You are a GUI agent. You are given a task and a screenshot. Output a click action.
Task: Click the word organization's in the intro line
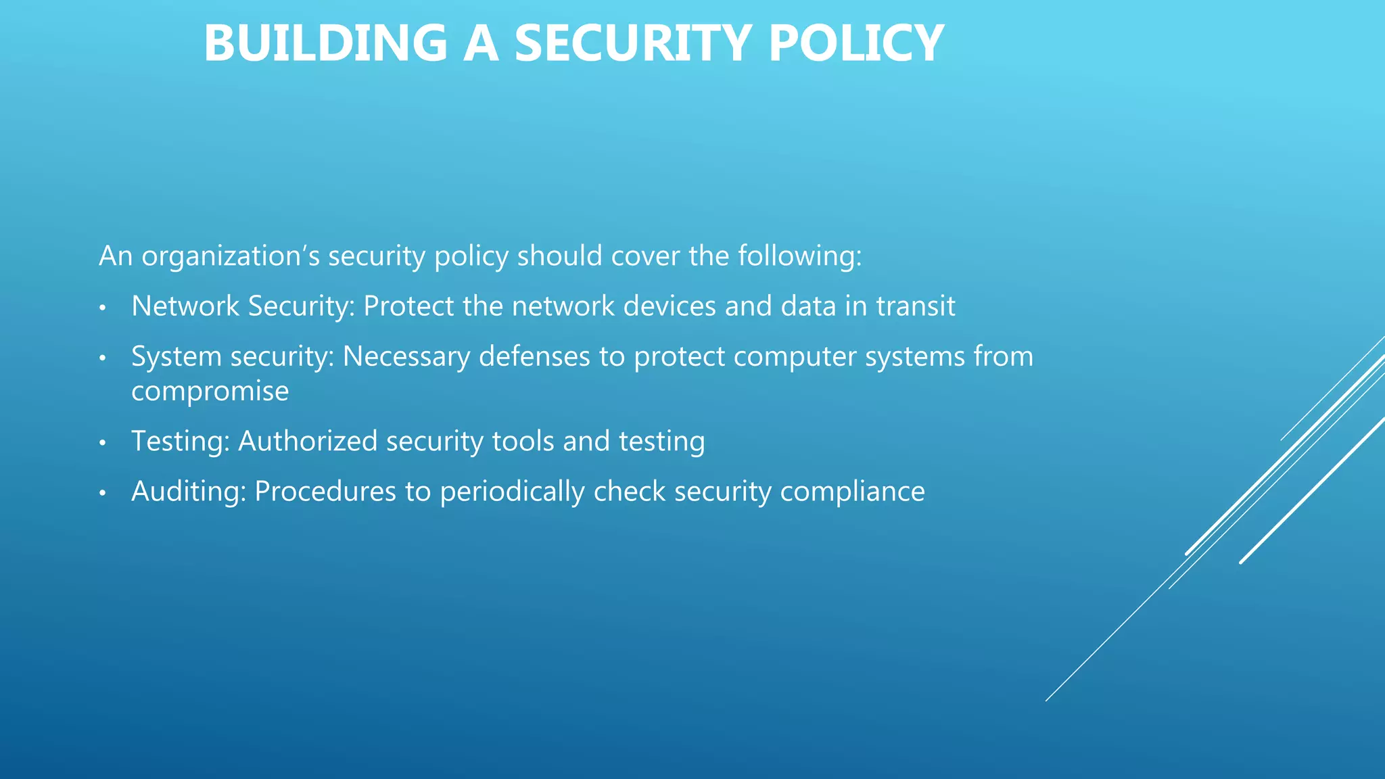(230, 256)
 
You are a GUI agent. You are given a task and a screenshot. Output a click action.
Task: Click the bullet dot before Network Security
(103, 308)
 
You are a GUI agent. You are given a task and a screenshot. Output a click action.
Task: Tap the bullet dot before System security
(103, 358)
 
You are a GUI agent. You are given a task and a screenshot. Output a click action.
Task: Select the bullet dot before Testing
(103, 443)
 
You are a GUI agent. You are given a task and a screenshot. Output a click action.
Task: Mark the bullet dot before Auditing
(103, 493)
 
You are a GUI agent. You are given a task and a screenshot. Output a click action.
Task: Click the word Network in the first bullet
(185, 306)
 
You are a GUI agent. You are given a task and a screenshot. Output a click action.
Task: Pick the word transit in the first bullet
(916, 306)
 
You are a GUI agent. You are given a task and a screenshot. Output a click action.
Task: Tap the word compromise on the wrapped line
(210, 392)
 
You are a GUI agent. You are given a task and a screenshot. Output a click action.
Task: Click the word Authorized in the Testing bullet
(308, 441)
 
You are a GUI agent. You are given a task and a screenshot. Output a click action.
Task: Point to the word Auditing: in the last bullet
(189, 491)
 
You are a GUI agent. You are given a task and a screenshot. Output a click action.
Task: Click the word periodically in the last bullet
(512, 491)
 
